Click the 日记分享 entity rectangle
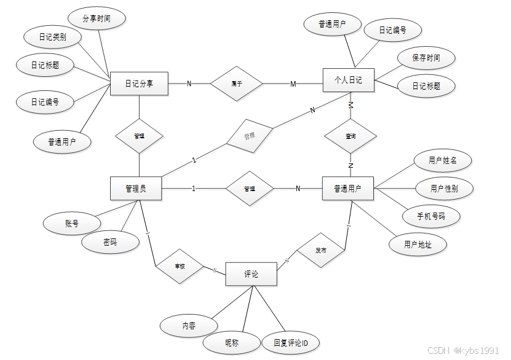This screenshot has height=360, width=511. click(x=139, y=84)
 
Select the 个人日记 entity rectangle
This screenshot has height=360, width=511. click(x=348, y=80)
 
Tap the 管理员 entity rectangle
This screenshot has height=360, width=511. click(x=136, y=188)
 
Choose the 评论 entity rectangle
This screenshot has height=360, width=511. click(x=251, y=274)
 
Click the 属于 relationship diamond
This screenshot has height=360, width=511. click(x=236, y=84)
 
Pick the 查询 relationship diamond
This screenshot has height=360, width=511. click(x=351, y=135)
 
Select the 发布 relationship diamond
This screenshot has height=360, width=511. click(x=320, y=251)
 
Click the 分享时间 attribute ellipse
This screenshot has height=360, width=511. click(x=97, y=19)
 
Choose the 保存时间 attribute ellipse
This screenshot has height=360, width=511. click(x=426, y=58)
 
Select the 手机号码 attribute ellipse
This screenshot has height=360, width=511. click(x=430, y=216)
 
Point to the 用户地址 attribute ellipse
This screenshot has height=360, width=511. click(x=418, y=245)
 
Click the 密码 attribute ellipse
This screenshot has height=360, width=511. click(x=110, y=242)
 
